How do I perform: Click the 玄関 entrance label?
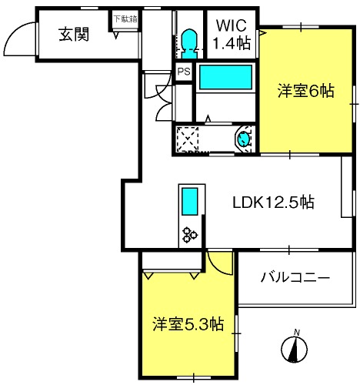point(74,34)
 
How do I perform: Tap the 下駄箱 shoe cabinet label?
point(125,18)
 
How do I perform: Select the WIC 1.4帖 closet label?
point(232,34)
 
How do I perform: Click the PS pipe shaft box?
point(184,72)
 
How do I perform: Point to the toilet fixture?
point(189,44)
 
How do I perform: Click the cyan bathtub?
point(225,77)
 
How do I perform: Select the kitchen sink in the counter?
point(190,202)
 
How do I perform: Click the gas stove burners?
point(189,235)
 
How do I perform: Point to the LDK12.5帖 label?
point(273,203)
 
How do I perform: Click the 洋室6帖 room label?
point(306,90)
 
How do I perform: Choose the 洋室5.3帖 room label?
point(188,324)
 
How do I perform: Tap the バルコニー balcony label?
point(295,277)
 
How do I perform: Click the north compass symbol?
point(294,350)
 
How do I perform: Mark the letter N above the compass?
point(297,333)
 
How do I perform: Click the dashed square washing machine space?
point(188,139)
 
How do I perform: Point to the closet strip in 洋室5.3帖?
point(172,260)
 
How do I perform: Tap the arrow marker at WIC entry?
point(262,32)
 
